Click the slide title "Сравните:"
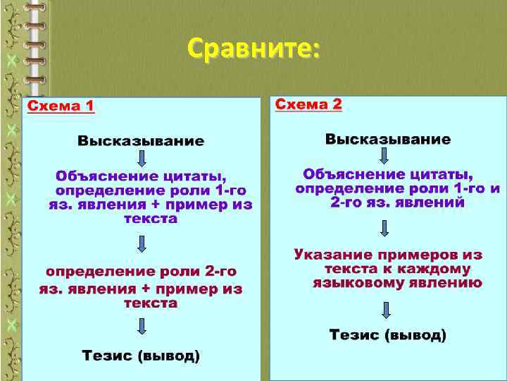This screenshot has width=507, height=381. (x=254, y=49)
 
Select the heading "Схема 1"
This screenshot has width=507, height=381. (x=61, y=107)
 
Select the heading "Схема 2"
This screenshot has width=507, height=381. (x=308, y=104)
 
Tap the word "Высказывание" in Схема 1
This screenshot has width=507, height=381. (x=141, y=141)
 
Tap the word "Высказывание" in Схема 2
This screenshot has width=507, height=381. (x=388, y=139)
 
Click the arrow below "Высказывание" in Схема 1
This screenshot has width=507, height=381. (x=142, y=157)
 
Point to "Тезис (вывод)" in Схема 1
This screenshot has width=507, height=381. (x=141, y=356)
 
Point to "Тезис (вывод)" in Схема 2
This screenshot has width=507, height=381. (x=388, y=334)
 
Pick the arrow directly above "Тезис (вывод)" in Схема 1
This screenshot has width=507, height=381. (x=142, y=326)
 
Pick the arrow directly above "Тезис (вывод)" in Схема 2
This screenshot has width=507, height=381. (x=386, y=309)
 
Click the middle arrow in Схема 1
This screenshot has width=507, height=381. (x=142, y=244)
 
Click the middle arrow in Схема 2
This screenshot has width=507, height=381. (x=384, y=228)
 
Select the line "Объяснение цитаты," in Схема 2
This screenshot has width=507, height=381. (x=388, y=174)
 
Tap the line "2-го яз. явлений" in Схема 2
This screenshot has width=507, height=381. (x=398, y=202)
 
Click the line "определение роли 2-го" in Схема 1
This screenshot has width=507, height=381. (x=141, y=272)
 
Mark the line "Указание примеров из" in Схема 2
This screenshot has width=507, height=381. (x=388, y=254)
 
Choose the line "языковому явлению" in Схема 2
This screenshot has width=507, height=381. (x=398, y=283)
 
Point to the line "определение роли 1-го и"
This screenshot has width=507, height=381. (x=398, y=188)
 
